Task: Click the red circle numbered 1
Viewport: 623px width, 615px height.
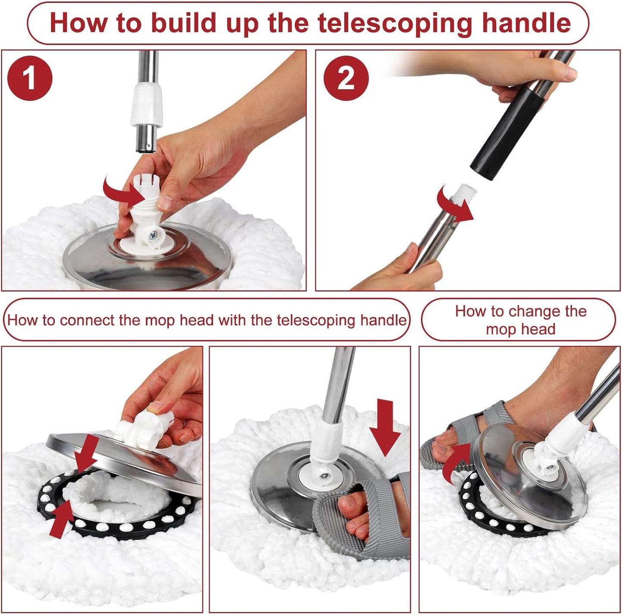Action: click(x=30, y=78)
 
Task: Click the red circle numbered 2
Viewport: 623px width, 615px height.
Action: click(x=346, y=78)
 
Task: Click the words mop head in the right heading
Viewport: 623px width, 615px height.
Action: click(x=520, y=330)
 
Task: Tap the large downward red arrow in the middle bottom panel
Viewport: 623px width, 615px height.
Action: click(x=385, y=427)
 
